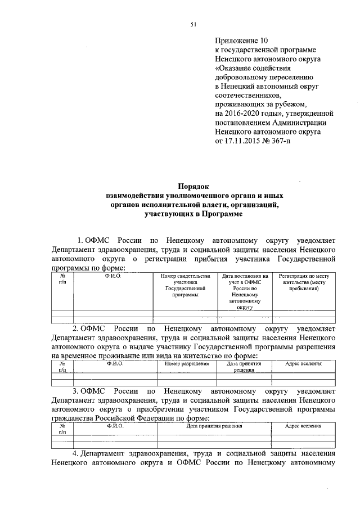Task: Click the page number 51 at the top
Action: [x=193, y=23]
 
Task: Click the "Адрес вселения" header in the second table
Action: [x=303, y=364]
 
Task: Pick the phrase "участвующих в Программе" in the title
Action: [x=193, y=214]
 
